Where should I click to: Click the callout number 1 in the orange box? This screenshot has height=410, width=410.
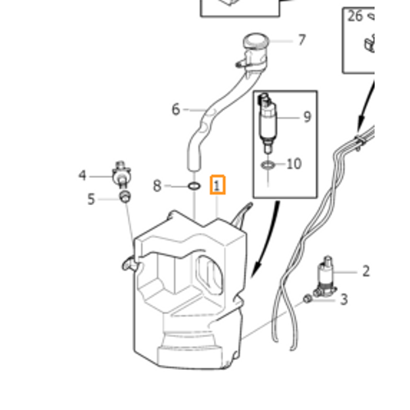[x=216, y=185]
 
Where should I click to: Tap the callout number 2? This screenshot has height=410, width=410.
[x=366, y=271]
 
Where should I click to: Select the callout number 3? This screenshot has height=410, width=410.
[x=344, y=299]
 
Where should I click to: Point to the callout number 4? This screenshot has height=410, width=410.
[x=82, y=175]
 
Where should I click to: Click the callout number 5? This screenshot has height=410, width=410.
[x=91, y=199]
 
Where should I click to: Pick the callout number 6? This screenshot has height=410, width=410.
[x=175, y=109]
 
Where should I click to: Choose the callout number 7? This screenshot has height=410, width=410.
[x=302, y=40]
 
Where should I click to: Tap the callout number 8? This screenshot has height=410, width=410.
[x=157, y=186]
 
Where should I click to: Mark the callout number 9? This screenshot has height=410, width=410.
[x=307, y=116]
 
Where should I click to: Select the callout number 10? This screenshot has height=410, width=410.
[x=294, y=164]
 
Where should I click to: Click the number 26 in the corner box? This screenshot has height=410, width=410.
[x=355, y=16]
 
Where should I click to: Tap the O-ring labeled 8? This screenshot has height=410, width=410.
[x=194, y=186]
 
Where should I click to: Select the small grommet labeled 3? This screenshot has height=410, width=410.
[x=307, y=298]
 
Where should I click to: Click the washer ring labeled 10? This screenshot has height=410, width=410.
[x=268, y=165]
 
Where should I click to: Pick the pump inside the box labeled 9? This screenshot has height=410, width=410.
[x=266, y=122]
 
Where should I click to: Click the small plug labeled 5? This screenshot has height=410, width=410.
[x=125, y=197]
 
